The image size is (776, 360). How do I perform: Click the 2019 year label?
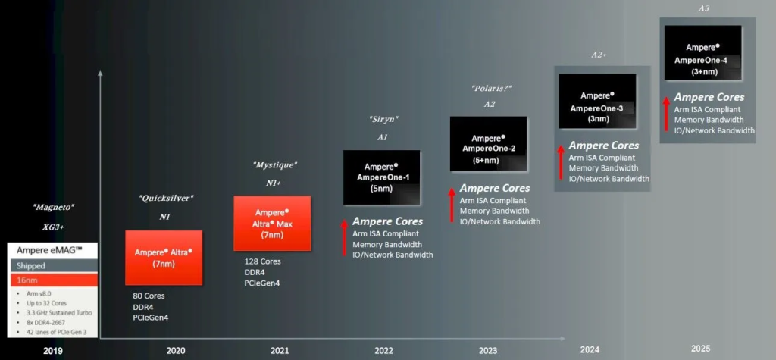click(53, 351)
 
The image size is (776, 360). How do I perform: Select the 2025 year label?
click(701, 348)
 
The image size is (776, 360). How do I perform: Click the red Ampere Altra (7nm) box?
click(164, 258)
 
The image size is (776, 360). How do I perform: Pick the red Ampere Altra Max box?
click(271, 223)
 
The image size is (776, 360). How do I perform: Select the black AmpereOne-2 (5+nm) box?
click(489, 143)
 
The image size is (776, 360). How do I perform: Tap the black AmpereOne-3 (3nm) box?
click(596, 102)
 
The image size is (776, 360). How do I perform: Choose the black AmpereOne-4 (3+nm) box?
click(702, 52)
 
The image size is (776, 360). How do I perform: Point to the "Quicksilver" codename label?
click(166, 198)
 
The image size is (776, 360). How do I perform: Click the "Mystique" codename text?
click(274, 164)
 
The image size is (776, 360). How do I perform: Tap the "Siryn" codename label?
click(383, 119)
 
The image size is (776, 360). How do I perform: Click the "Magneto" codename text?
click(53, 207)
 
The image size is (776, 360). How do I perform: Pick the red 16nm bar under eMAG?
click(53, 280)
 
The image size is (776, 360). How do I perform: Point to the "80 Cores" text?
click(149, 296)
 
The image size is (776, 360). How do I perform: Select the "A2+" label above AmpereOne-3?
click(599, 55)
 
